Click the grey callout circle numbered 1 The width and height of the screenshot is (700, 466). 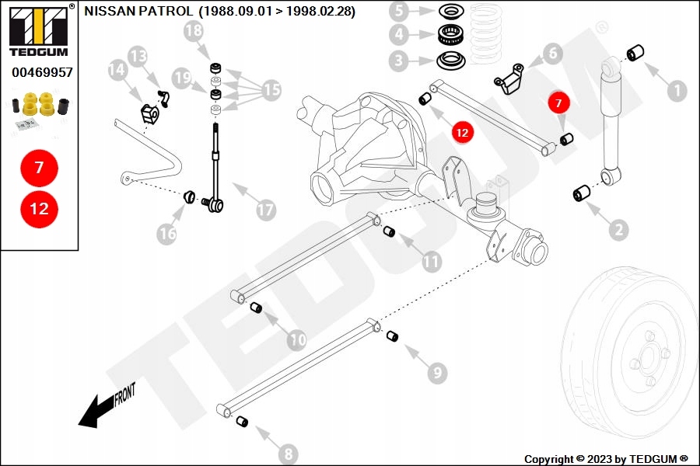click(x=676, y=91)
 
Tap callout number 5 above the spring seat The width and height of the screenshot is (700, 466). click(x=400, y=11)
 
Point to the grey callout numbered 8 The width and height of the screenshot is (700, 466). click(x=287, y=454)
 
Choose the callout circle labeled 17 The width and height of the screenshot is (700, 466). click(x=265, y=210)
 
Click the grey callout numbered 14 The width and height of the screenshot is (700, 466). click(x=117, y=71)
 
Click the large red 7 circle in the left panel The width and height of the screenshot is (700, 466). click(x=39, y=167)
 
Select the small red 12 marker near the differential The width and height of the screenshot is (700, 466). click(x=462, y=133)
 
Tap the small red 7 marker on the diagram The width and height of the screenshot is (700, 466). click(x=558, y=102)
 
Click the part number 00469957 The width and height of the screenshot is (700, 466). click(x=42, y=72)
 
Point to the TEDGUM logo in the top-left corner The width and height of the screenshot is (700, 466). click(x=39, y=30)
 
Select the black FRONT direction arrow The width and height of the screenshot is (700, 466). click(x=97, y=409)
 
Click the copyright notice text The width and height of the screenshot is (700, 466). click(x=606, y=459)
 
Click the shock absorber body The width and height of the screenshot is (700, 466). click(x=614, y=124)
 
